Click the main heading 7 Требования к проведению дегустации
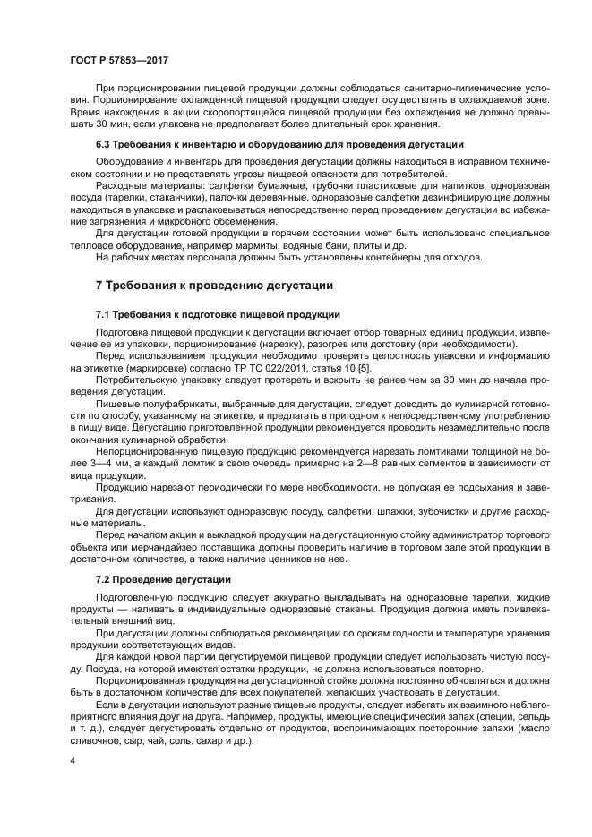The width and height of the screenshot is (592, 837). click(x=214, y=286)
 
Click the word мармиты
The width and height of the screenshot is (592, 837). click(x=305, y=245)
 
